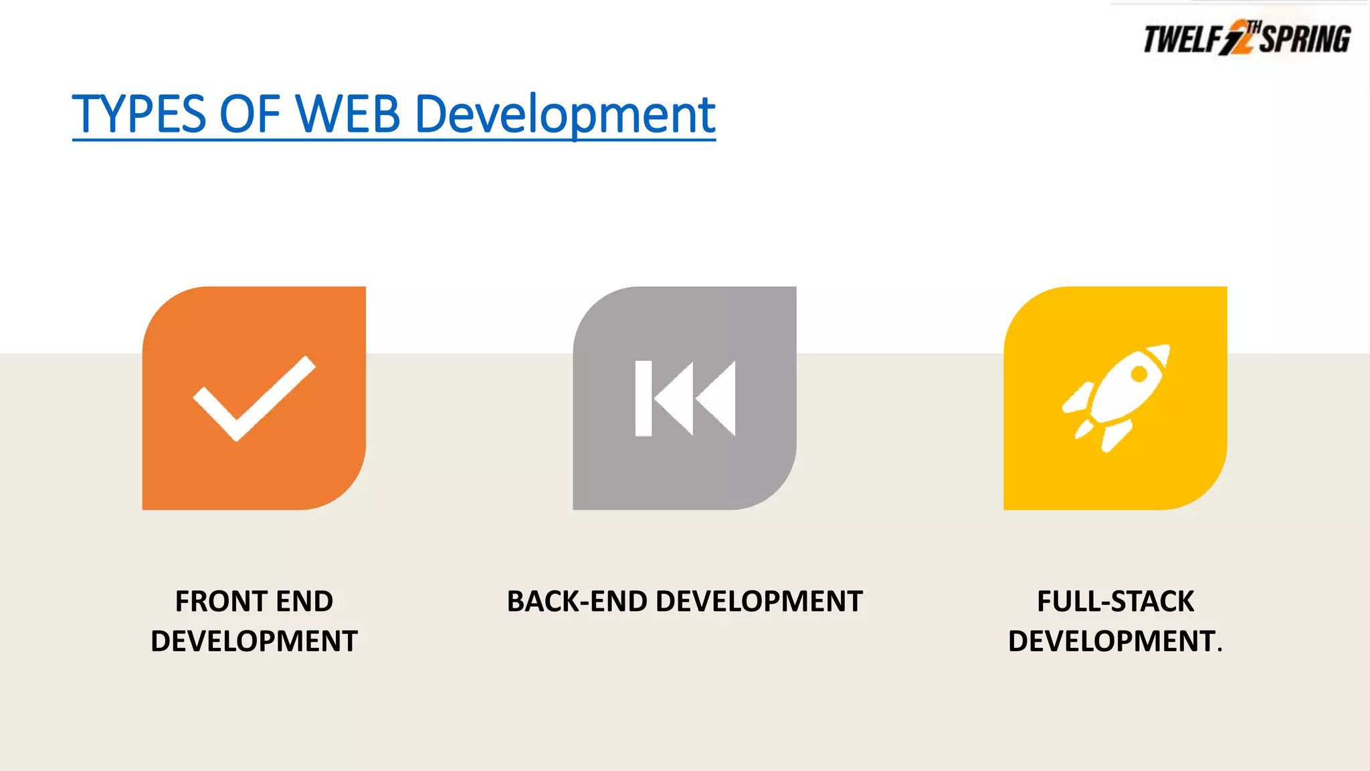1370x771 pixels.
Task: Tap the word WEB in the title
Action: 347,114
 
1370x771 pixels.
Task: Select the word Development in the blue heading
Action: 565,116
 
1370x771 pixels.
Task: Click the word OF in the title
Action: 250,114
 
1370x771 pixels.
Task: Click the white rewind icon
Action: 685,398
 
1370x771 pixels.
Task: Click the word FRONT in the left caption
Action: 221,601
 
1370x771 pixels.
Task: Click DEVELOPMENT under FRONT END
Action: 254,641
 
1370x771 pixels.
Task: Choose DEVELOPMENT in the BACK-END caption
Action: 759,601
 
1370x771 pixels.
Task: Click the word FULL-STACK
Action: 1115,601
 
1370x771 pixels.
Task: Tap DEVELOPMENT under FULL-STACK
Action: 1111,641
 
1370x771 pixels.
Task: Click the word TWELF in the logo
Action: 1181,39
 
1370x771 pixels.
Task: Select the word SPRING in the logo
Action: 1305,39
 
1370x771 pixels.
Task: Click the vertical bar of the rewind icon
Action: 644,398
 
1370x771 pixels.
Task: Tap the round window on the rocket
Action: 1138,375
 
